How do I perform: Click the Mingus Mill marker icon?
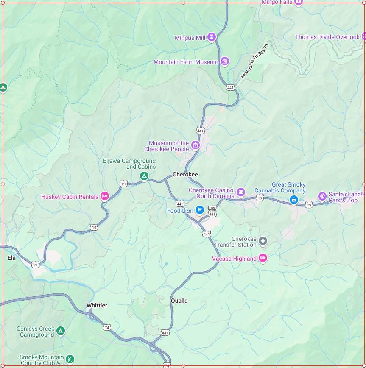tap(212, 37)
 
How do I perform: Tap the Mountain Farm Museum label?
tap(186, 62)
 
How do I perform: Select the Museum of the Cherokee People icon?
tap(196, 146)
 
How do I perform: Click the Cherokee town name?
tap(185, 175)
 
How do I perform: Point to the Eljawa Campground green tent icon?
tap(144, 176)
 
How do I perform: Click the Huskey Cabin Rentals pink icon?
tap(104, 196)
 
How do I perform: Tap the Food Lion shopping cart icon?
tap(199, 210)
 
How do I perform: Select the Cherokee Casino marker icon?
tap(241, 192)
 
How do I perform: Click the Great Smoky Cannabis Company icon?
tap(293, 200)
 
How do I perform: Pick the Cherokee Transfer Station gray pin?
tap(263, 241)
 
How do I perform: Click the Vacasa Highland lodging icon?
tap(263, 258)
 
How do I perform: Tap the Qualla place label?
tap(179, 301)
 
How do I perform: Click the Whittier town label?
tap(97, 306)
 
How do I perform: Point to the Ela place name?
tap(11, 258)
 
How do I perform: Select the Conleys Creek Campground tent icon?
tap(61, 331)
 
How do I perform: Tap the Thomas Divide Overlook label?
tap(327, 37)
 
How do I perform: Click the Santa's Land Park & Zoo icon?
tap(322, 196)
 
